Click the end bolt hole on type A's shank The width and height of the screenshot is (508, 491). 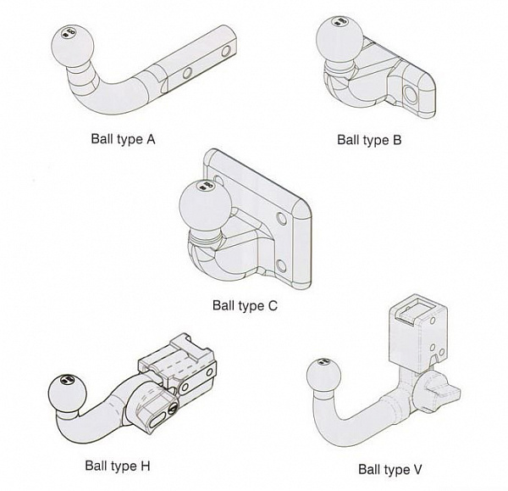click(226, 51)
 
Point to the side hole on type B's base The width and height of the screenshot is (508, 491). click(413, 92)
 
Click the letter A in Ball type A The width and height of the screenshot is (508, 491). click(151, 137)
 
